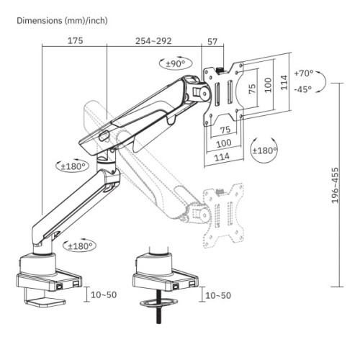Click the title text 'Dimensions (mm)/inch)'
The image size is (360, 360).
(x=62, y=20)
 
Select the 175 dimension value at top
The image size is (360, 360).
(x=75, y=41)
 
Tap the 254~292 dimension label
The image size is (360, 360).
(x=153, y=41)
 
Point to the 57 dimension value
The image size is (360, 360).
(x=212, y=41)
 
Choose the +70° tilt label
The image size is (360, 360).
(x=305, y=73)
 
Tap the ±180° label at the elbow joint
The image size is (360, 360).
(x=74, y=166)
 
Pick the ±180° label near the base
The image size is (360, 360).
(x=81, y=246)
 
